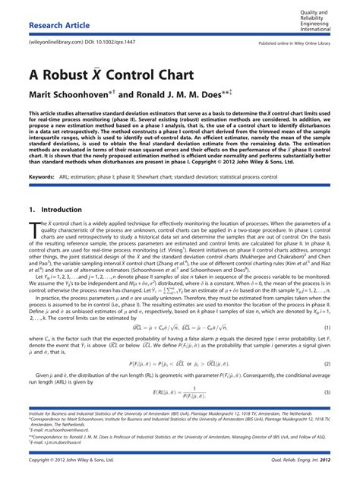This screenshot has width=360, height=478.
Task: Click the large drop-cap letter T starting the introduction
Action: pyautogui.click(x=33, y=227)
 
